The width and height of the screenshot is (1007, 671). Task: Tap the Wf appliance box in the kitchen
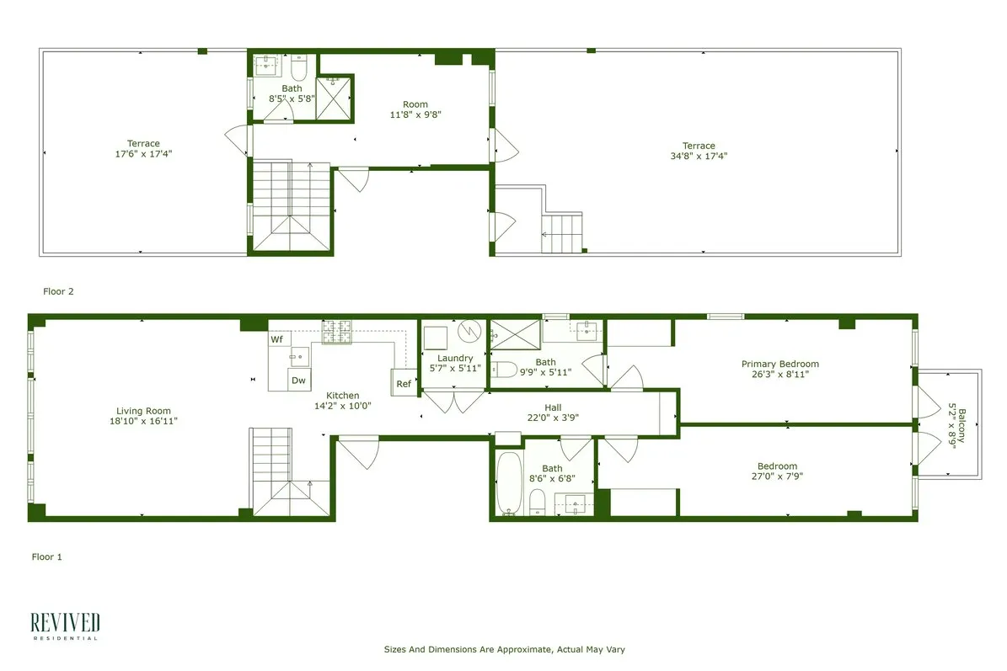pos(277,339)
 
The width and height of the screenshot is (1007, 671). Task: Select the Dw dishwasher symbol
pos(298,381)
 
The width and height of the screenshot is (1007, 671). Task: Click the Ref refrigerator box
pos(404,384)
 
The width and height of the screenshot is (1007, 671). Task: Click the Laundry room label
pos(455,359)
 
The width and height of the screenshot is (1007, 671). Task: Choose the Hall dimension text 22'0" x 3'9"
pos(553,418)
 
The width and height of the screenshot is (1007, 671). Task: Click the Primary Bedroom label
pos(779,365)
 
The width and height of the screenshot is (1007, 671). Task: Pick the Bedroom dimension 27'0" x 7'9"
pos(777,477)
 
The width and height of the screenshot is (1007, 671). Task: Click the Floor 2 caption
pos(59,291)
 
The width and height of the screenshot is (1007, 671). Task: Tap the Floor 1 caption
pos(47,557)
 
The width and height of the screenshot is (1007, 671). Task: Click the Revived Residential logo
pos(65,626)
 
